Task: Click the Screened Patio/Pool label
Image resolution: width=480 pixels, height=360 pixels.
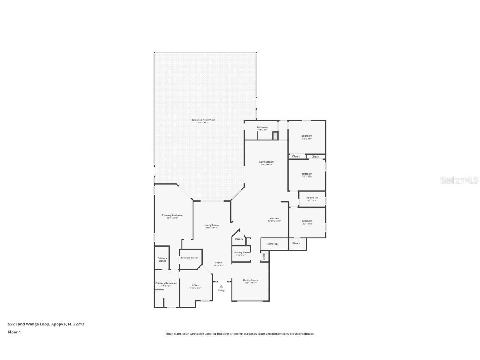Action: coord(203,120)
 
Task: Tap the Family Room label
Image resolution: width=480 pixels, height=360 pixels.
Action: coord(267,162)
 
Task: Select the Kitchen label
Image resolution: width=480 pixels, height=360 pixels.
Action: coord(275,218)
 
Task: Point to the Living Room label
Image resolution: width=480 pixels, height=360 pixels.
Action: coord(212,225)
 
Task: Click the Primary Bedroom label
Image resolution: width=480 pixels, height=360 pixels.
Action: coord(172,215)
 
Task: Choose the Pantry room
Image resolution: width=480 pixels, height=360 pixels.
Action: coord(239,239)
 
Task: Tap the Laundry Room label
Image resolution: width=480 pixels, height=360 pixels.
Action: coord(241,252)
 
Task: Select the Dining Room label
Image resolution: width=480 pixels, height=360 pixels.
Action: coord(250,280)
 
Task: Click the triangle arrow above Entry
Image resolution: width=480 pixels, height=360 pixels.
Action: coord(221,286)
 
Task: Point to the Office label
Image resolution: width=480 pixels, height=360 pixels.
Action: coord(195,285)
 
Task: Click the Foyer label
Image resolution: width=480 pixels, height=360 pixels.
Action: coord(218,263)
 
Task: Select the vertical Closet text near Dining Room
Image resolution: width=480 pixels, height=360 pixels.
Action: coord(263,256)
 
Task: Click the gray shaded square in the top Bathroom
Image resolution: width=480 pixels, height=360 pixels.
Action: coord(275,135)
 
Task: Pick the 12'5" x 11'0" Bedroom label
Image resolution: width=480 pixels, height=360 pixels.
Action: coord(307,136)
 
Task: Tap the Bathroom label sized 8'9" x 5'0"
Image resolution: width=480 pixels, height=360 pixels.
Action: coord(312,198)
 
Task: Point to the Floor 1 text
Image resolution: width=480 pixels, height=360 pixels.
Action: coord(14,332)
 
